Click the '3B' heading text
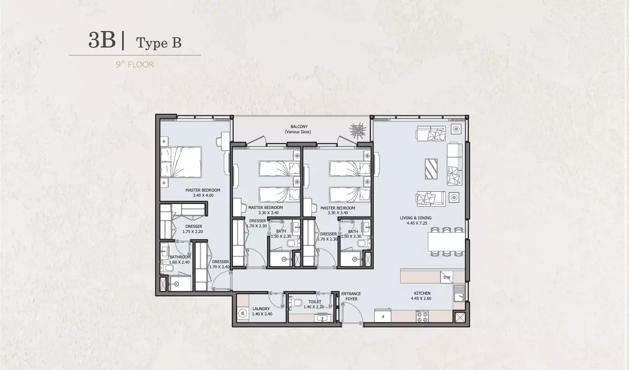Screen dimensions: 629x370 click(102, 40)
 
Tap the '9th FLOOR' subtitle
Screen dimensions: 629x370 click(135, 64)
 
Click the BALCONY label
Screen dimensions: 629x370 click(299, 127)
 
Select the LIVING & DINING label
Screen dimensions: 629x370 click(416, 218)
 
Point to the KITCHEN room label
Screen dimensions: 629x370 click(422, 293)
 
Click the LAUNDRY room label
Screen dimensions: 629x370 click(261, 309)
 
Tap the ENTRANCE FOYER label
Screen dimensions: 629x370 click(351, 297)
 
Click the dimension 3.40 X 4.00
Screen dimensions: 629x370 click(203, 195)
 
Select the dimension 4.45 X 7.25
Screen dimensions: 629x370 click(417, 223)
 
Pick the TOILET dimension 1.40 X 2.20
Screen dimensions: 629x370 click(314, 307)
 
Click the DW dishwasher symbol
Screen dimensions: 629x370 click(447, 278)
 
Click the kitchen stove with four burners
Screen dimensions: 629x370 click(422, 316)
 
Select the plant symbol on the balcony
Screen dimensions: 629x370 click(357, 131)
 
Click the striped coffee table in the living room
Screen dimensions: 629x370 click(431, 169)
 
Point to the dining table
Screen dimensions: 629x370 click(446, 241)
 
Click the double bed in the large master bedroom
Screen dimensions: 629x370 click(181, 162)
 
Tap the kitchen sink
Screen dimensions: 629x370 click(459, 293)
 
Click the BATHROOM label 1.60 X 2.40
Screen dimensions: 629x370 click(180, 259)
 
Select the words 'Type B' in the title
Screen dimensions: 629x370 click(159, 43)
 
